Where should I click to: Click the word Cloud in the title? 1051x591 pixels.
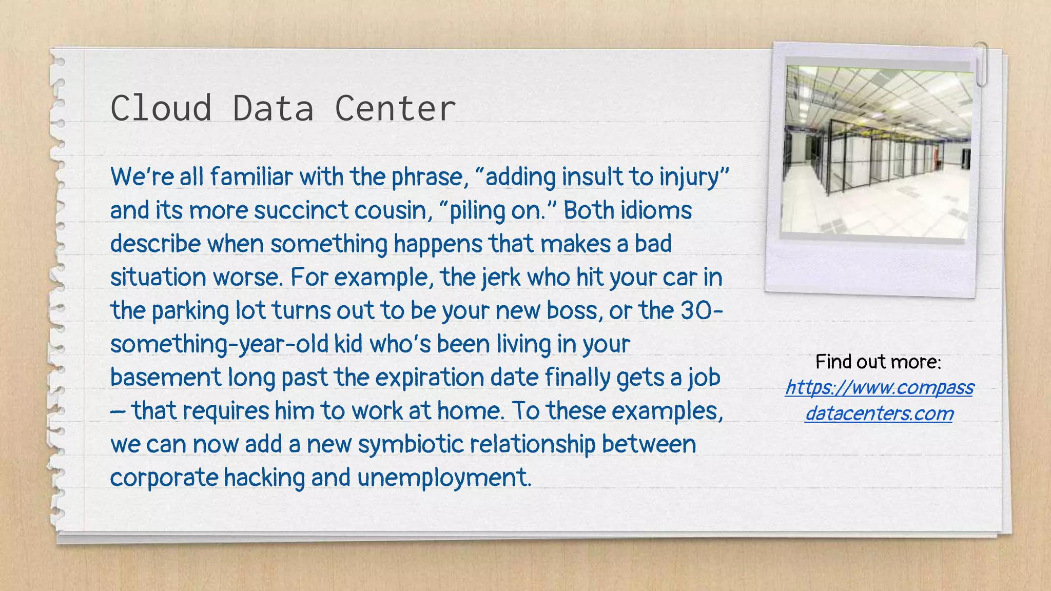pyautogui.click(x=161, y=108)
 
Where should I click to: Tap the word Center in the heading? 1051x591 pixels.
pyautogui.click(x=395, y=108)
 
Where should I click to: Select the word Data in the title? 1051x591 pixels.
pyautogui.click(x=273, y=108)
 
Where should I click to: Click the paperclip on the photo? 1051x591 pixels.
pyautogui.click(x=981, y=64)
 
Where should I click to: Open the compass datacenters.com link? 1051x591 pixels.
pyautogui.click(x=879, y=400)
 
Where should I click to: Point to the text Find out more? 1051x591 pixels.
pyautogui.click(x=878, y=362)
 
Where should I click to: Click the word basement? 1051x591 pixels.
pyautogui.click(x=165, y=378)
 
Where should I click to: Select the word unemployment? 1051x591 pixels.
pyautogui.click(x=443, y=478)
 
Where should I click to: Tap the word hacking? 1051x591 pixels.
pyautogui.click(x=264, y=478)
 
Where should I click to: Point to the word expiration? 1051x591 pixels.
pyautogui.click(x=429, y=378)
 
